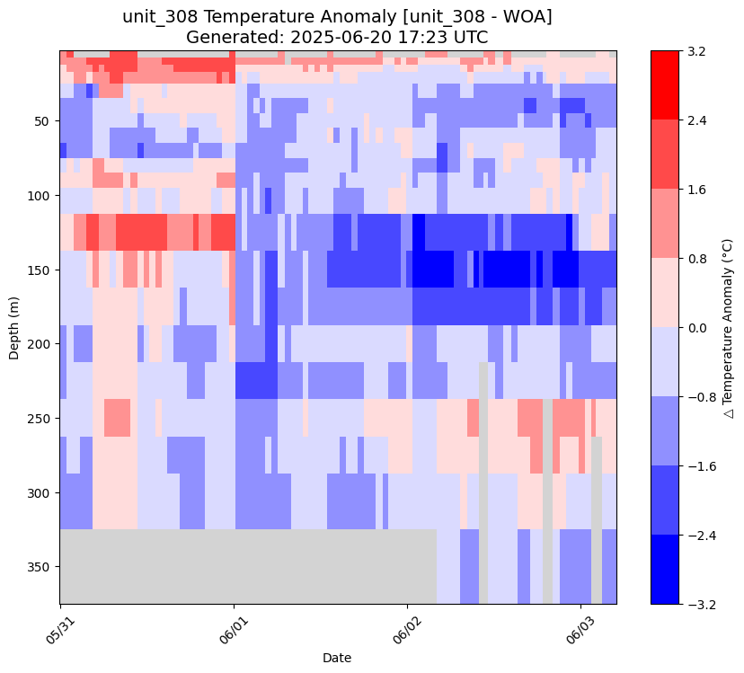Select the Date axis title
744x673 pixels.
pyautogui.click(x=337, y=658)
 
